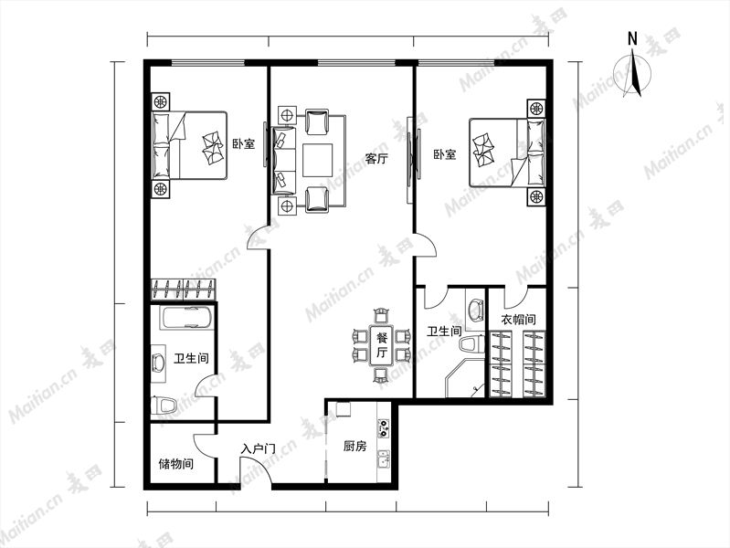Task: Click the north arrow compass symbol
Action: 633,75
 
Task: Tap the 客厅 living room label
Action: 376,159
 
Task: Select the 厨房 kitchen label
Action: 354,447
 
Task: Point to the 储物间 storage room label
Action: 176,464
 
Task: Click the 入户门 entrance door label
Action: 258,449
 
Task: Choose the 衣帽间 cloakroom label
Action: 518,320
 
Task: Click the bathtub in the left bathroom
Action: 186,318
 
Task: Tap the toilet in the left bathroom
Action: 164,406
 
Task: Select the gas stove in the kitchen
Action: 384,427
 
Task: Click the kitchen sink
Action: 384,459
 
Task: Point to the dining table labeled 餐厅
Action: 382,345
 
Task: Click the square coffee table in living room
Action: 318,160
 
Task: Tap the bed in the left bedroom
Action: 189,145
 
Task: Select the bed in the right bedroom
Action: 507,153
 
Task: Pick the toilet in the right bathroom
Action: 471,345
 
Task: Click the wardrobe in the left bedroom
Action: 184,290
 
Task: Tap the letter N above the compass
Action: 632,38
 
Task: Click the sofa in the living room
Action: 284,160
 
